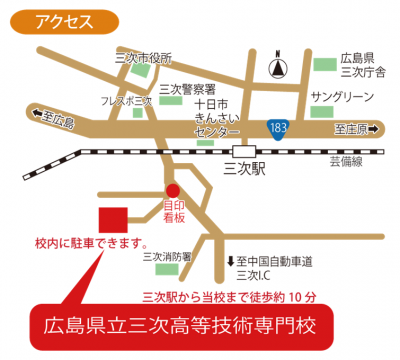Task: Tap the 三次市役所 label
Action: click(x=142, y=57)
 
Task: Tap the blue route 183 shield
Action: click(x=279, y=127)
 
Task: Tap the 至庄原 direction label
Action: click(x=356, y=128)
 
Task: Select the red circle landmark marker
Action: click(x=172, y=190)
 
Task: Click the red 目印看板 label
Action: click(x=174, y=215)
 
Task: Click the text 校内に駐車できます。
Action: click(x=91, y=245)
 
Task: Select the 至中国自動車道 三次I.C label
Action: click(x=272, y=267)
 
